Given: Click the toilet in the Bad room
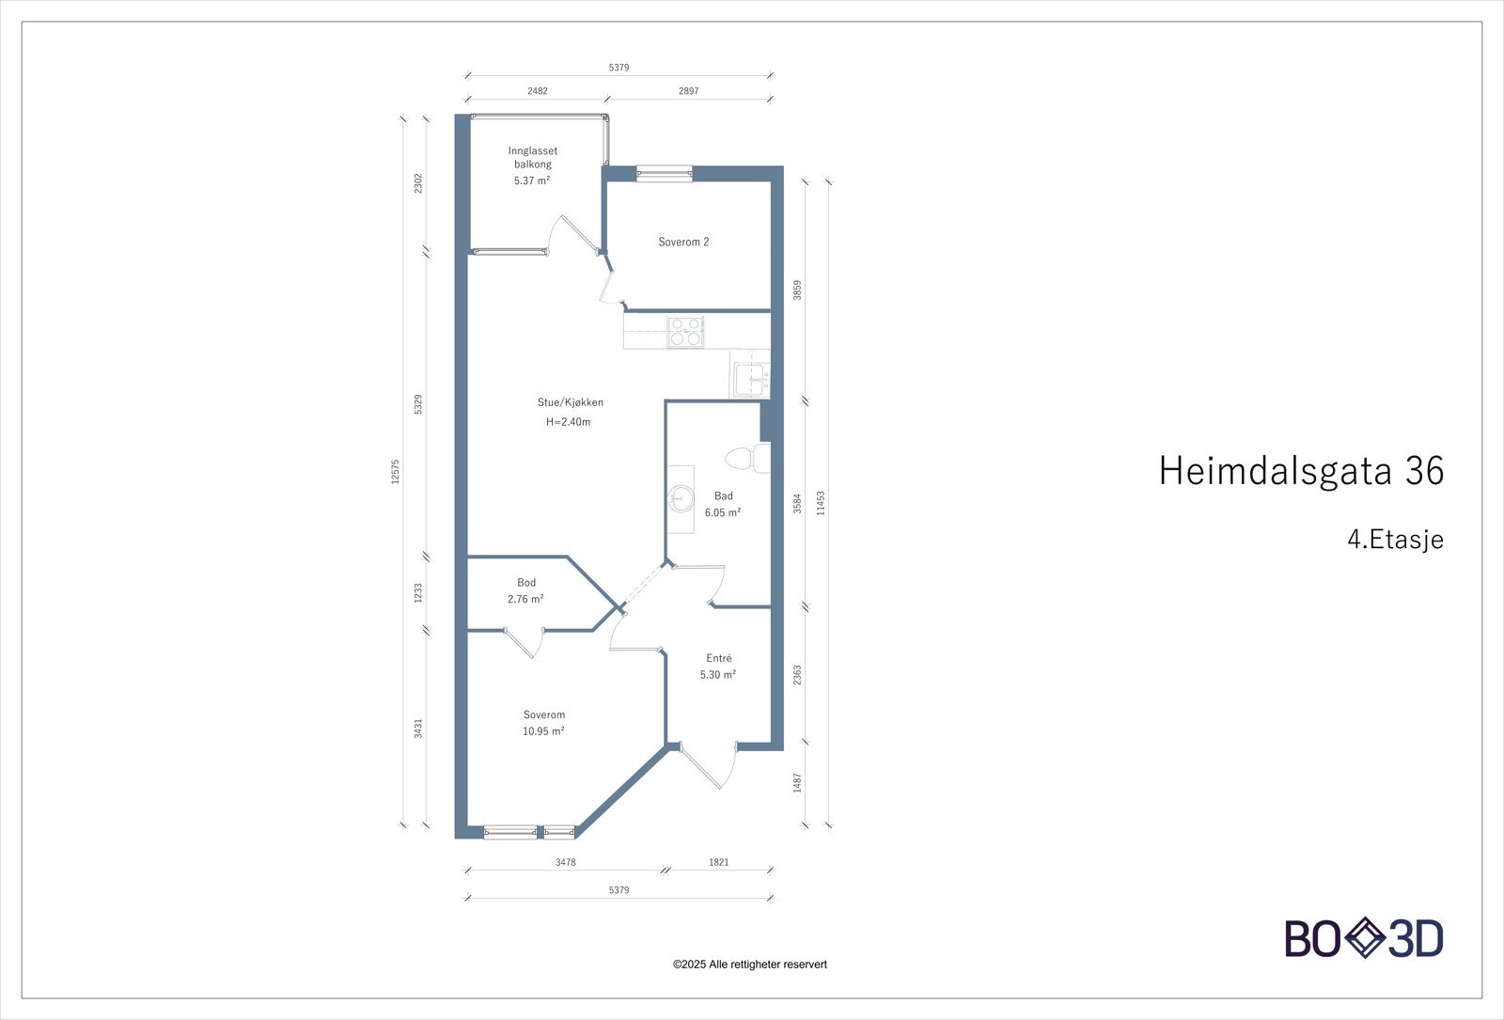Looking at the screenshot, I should [x=744, y=459].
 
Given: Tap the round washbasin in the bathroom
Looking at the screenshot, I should [x=680, y=495].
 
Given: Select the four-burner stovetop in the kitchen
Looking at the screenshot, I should [x=685, y=332].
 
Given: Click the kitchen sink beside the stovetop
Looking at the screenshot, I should [x=750, y=380].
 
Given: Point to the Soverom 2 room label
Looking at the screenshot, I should [x=683, y=243].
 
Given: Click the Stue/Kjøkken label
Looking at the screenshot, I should [x=570, y=402].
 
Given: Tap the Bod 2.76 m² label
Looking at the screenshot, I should [x=525, y=591].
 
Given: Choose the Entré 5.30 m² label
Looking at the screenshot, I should [x=718, y=667].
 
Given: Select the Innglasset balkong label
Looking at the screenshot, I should [x=532, y=165].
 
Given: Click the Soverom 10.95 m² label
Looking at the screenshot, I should [x=543, y=723].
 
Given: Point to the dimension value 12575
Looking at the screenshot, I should [x=396, y=472].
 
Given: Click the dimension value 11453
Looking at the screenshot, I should [x=821, y=503].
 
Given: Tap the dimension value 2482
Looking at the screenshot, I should [x=537, y=91].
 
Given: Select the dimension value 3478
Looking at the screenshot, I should [x=565, y=862].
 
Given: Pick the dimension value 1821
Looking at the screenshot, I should [x=719, y=862].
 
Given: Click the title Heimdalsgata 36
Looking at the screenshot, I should [x=1300, y=471].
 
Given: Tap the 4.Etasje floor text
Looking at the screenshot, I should [x=1394, y=540].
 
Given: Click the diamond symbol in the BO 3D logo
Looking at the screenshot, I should [x=1364, y=939].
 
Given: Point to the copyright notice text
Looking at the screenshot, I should [x=750, y=965].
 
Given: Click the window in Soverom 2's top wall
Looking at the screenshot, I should [x=664, y=172].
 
